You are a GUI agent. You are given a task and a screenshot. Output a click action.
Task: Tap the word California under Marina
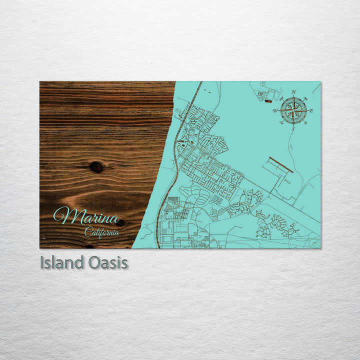pos(101,232)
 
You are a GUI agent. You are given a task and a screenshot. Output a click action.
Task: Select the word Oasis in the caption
pos(106,262)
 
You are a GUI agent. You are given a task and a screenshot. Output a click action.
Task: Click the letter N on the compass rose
pos(293,92)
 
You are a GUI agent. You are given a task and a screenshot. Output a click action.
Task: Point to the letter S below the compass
pos(293,129)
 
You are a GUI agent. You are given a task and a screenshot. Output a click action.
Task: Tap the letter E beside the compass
pos(311,110)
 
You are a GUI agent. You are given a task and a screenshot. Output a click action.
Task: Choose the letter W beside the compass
pos(275,110)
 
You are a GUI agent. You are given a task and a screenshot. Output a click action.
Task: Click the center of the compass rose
pos(293,110)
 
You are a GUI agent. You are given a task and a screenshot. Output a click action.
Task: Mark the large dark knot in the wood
pos(96,167)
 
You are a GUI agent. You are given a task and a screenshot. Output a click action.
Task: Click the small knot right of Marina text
pos(120,222)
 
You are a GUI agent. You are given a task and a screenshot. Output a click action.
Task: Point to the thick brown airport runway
pos(280,165)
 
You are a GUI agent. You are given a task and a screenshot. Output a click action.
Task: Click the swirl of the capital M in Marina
pos(59,216)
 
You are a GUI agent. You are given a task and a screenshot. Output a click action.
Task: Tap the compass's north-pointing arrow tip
pos(293,96)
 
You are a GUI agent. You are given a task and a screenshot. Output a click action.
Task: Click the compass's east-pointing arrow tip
pos(307,110)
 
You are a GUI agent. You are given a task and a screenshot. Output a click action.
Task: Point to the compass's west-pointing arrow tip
pos(279,110)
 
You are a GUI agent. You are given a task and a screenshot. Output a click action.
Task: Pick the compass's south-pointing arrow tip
pos(293,125)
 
